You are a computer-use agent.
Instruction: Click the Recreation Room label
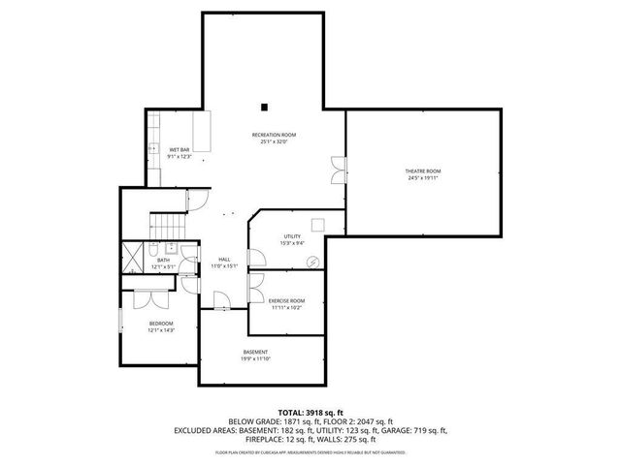coord(274,135)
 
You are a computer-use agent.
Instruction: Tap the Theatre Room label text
coord(423,171)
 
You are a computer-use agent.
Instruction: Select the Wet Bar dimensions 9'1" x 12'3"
coord(180,156)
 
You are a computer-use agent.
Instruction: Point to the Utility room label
coord(292,236)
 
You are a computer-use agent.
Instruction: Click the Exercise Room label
coord(286,300)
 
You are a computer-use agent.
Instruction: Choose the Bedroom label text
coord(160,323)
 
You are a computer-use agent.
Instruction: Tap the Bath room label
coord(163,260)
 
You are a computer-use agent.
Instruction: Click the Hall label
coord(224,260)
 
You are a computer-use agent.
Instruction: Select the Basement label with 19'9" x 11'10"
coord(255,352)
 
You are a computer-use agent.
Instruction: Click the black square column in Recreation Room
coord(263,106)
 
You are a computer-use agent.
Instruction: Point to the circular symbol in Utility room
coord(312,262)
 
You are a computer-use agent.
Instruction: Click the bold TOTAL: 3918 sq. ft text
coord(310,412)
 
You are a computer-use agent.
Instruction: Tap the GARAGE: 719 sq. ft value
coord(411,429)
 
